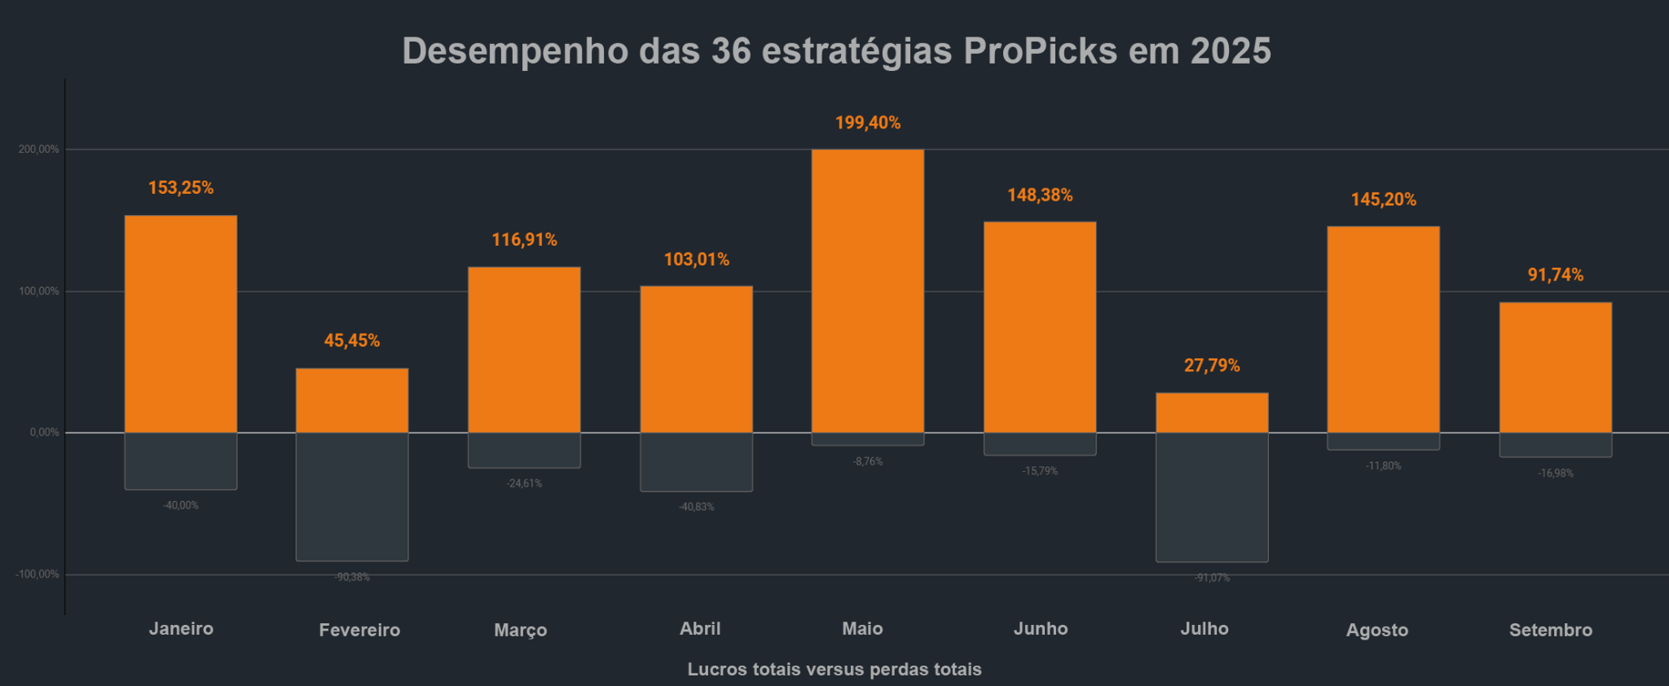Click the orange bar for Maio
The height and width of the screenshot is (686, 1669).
868,291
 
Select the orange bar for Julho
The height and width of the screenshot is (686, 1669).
1212,413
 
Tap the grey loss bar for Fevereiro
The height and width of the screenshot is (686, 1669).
352,496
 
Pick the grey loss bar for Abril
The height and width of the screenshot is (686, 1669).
696,462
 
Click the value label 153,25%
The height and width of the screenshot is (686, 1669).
181,188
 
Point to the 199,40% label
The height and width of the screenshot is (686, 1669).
868,123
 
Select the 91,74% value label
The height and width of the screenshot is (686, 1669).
1555,275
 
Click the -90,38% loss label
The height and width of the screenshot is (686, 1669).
352,578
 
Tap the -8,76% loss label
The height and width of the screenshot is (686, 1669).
868,462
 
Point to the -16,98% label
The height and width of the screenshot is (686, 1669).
1556,473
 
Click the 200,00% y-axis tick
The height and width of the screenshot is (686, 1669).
39,150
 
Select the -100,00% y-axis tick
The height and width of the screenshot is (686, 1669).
37,574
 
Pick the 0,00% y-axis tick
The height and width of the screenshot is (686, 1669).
45,433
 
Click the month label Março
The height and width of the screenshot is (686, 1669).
520,630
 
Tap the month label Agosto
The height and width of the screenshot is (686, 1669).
1376,630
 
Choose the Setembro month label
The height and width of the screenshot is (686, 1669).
1550,630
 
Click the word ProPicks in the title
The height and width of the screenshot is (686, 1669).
1040,51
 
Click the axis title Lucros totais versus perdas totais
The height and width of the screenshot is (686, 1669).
834,670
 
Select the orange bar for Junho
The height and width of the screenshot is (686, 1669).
1040,328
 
